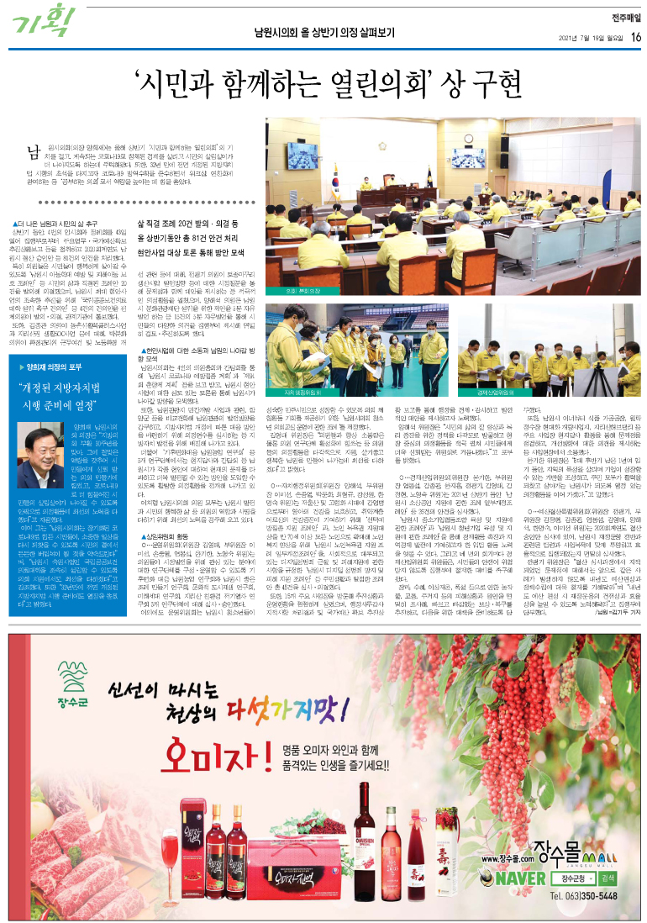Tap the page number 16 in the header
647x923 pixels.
coord(636,36)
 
